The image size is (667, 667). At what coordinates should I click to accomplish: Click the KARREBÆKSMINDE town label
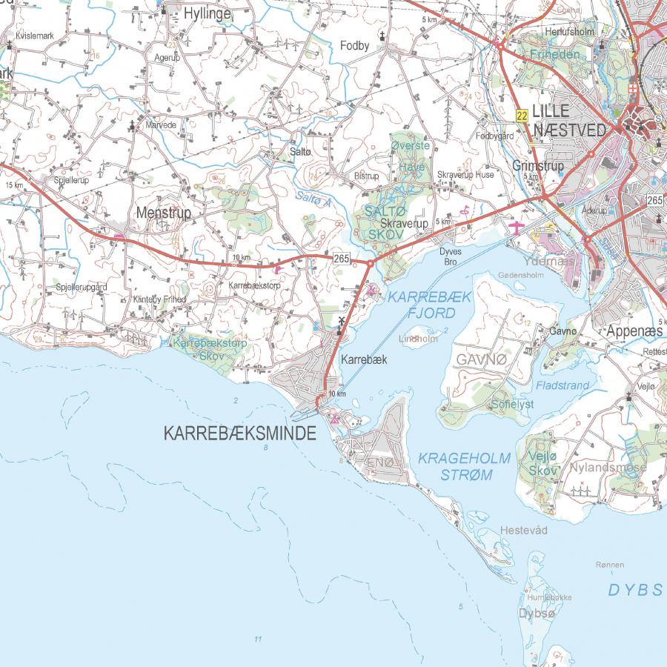pos(239,434)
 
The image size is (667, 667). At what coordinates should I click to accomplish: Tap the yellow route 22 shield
pos(522,115)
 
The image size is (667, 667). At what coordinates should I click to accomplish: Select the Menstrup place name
pos(164,213)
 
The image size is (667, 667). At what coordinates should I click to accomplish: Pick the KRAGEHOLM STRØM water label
pos(465,466)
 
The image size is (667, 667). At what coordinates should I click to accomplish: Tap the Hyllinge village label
pos(207,13)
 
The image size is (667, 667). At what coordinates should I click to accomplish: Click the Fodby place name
pos(354,46)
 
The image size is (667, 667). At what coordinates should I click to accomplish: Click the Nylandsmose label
pos(608,468)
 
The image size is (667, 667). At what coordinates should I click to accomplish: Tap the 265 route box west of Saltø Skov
pos(341,258)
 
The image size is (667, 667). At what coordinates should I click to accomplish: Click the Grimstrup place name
pos(538,166)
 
